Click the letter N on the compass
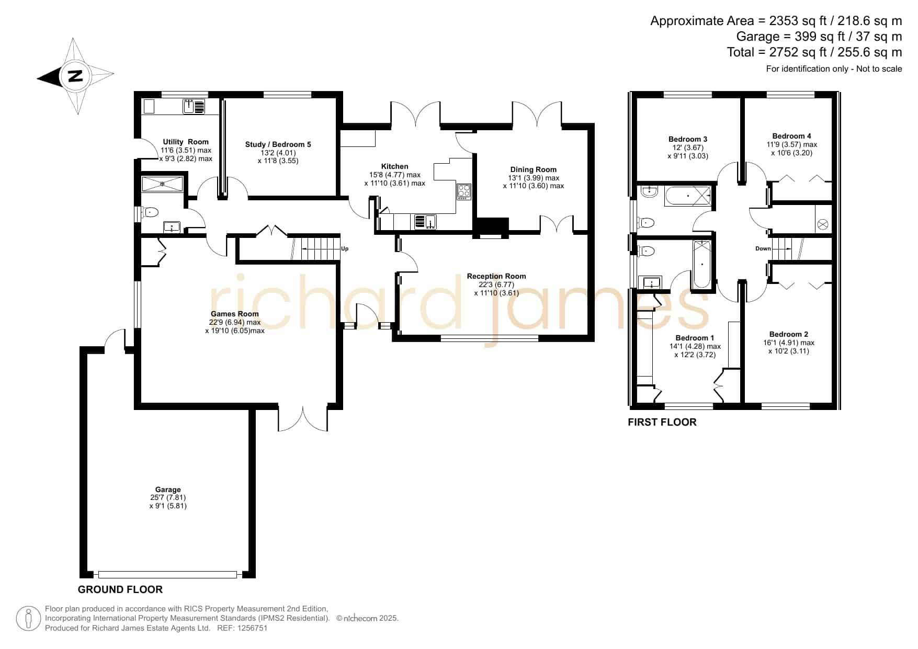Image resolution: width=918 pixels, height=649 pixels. pos(76,76)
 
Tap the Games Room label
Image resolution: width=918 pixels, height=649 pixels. pos(235,314)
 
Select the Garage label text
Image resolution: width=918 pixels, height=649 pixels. pos(168,489)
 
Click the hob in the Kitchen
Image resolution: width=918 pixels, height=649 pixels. pos(463,191)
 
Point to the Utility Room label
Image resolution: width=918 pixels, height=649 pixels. pos(186,142)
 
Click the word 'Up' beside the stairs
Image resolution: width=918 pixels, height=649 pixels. pos(345,248)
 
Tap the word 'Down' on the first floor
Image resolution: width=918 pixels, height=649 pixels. pos(763,248)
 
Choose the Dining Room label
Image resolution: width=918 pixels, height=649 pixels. pos(534,169)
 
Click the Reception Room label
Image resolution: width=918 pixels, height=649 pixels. pos(496,276)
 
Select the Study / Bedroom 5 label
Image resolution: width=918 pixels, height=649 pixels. pos(278,144)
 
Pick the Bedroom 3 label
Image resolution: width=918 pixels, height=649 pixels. pos(688,139)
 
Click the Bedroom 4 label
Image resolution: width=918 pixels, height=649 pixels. pos(792,136)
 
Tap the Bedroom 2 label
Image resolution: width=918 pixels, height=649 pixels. pos(789,334)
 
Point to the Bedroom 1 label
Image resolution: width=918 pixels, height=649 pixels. pos(695,338)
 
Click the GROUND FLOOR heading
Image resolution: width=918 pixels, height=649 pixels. pos(120,589)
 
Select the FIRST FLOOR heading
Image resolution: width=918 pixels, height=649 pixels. pos(662,422)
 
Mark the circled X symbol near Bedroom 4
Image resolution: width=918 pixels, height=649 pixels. pos(823,224)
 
